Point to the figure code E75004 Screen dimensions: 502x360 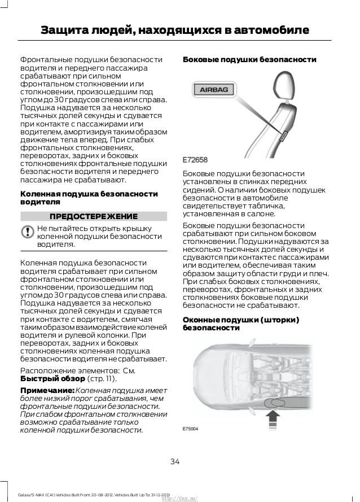tap(192, 429)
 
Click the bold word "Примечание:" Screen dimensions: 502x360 tap(47, 391)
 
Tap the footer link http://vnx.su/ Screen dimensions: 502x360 tap(182, 497)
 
